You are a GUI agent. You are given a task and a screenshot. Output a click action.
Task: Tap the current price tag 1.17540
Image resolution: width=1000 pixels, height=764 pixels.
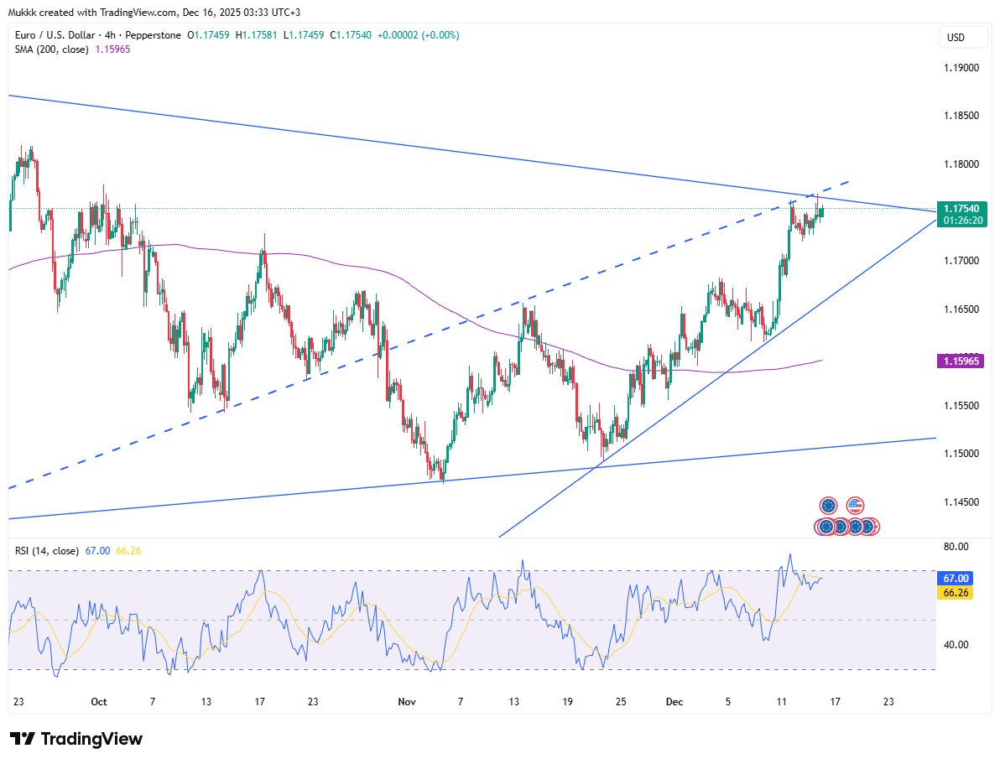[957, 208]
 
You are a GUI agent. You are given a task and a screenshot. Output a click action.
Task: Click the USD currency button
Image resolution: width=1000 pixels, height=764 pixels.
[956, 38]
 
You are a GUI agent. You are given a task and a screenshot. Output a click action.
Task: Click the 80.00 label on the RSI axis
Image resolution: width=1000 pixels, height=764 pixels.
[956, 547]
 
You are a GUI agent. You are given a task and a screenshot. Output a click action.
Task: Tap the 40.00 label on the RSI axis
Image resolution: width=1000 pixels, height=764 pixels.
[956, 645]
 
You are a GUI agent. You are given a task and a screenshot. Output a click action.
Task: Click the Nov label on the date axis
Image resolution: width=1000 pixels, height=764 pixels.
[407, 701]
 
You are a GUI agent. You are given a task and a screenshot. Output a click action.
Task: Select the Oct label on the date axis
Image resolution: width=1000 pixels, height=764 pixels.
[99, 701]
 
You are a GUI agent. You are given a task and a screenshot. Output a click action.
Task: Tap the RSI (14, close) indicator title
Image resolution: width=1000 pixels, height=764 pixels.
[47, 551]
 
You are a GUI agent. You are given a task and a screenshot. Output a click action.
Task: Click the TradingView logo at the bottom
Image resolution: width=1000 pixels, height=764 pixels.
[76, 739]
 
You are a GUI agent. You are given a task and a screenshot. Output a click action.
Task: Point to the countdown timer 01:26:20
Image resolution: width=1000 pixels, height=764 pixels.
[957, 220]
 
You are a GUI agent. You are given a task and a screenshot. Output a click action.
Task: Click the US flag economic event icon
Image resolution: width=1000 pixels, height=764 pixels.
[855, 506]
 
